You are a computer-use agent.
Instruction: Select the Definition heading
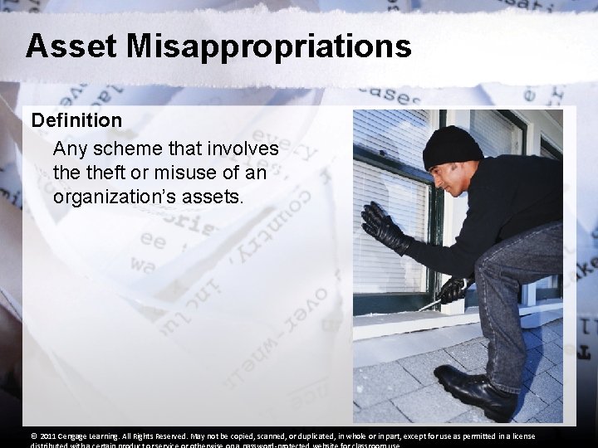tap(76, 120)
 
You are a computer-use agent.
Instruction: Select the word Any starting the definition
tap(69, 150)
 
